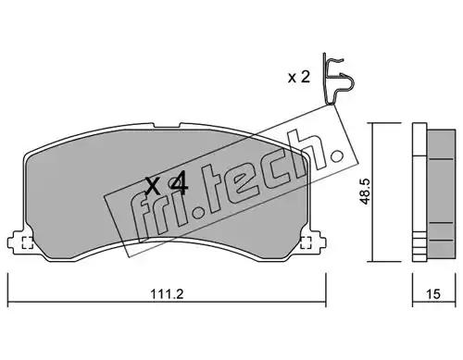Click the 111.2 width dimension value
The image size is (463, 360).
tap(167, 294)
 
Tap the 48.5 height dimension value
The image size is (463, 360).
tap(365, 192)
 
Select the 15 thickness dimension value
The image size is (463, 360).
tap(433, 294)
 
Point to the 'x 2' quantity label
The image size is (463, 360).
tap(299, 77)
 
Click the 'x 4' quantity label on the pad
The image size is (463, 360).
tap(167, 186)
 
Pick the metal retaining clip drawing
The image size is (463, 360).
tap(338, 79)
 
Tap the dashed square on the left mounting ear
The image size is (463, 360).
tap(28, 242)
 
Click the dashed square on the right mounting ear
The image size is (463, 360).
tap(306, 242)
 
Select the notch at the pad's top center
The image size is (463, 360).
tap(167, 125)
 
